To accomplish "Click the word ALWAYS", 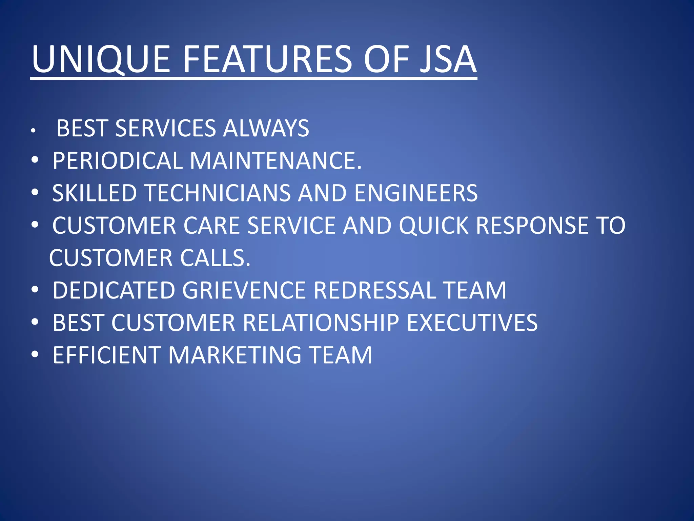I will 266,128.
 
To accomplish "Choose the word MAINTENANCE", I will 275,160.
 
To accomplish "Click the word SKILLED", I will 94,193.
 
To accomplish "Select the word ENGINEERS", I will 416,193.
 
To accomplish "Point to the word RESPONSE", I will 532,225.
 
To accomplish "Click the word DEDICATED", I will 114,290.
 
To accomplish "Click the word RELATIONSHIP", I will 321,323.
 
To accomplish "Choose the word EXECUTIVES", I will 472,323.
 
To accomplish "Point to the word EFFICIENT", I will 107,355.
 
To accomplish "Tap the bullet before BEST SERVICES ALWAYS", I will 33,131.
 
